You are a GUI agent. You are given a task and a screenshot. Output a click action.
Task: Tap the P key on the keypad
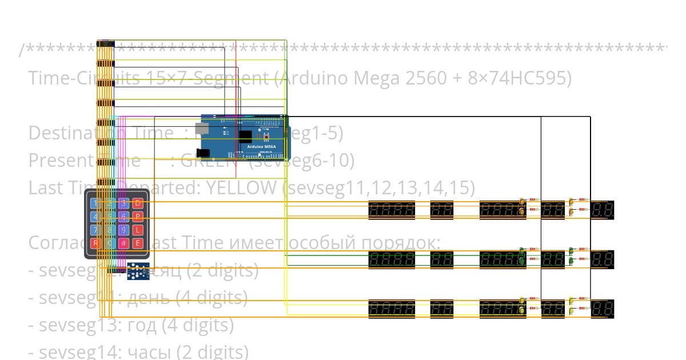tap(138, 217)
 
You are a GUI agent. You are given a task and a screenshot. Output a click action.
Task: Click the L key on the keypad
tap(138, 230)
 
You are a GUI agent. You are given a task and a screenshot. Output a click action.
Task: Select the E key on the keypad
tap(138, 243)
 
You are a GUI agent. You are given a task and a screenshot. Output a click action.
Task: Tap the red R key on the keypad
tap(95, 243)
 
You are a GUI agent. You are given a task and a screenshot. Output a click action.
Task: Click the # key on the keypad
tap(123, 243)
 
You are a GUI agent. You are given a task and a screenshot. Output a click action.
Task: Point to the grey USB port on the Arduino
tap(201, 128)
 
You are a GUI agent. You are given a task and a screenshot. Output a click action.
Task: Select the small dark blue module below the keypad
tap(138, 271)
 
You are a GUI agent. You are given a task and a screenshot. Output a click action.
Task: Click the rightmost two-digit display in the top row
tap(603, 210)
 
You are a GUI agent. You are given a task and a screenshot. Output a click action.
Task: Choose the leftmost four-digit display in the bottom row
tap(392, 309)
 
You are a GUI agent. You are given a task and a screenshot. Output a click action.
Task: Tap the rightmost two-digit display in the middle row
tap(603, 259)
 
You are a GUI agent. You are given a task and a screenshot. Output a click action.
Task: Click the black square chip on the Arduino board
tap(245, 137)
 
